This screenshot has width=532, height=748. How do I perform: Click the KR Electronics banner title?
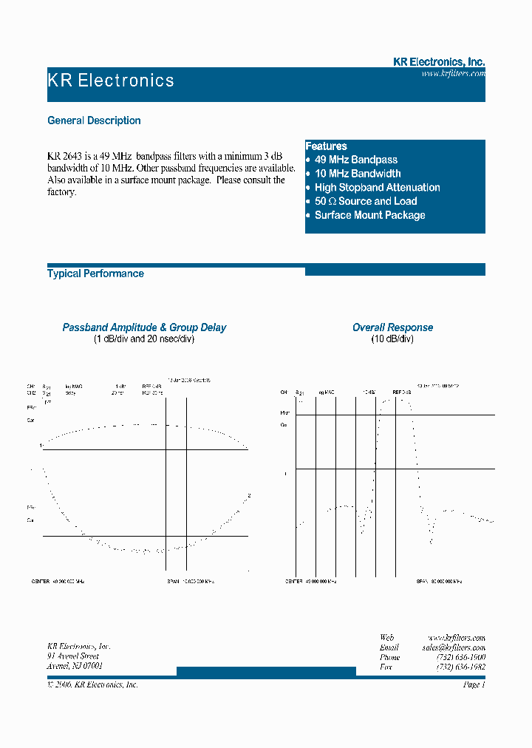coord(111,81)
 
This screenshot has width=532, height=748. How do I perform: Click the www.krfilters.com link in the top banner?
coord(453,74)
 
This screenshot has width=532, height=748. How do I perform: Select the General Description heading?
coord(94,120)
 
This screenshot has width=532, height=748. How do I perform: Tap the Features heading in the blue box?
coord(326,146)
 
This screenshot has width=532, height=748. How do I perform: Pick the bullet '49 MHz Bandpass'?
coord(355,160)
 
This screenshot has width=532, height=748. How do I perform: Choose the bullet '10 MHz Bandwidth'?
coord(358,174)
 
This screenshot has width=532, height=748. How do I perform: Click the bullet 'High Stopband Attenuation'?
coord(377,188)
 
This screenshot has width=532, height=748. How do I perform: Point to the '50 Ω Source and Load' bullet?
coord(365,201)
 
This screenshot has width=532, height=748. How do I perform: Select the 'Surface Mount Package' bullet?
coord(369,215)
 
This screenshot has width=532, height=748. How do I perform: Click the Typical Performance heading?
coord(95,273)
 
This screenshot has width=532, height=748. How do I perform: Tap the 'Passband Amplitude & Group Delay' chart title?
coord(144,327)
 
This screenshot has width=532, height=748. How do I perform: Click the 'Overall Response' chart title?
coord(392,327)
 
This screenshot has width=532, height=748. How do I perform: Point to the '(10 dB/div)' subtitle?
coord(392,339)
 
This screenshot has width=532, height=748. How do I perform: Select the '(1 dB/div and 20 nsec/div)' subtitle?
coord(144,339)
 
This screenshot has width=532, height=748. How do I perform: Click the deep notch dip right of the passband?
coord(431,542)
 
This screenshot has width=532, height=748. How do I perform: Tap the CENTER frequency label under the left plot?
coord(58,582)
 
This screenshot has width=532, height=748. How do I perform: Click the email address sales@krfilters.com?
coord(453,647)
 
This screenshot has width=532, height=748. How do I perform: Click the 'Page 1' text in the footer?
coord(473,684)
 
